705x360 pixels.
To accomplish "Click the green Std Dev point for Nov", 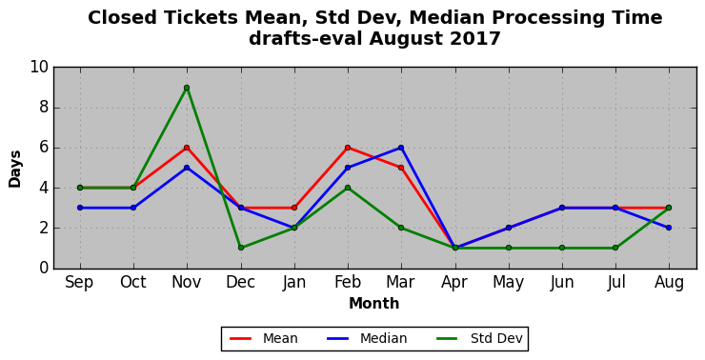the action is point(187,88).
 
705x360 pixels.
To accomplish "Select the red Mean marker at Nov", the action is point(187,148).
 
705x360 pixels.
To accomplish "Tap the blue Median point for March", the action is point(401,148).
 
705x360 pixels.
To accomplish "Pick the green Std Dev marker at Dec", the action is point(240,248).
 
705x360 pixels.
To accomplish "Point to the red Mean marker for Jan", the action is point(294,208).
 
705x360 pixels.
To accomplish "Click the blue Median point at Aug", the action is point(669,228).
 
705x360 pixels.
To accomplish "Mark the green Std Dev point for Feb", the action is point(348,188).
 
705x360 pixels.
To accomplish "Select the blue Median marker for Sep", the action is point(80,208).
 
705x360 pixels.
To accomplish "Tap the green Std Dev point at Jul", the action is point(615,248).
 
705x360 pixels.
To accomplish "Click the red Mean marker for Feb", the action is point(348,148).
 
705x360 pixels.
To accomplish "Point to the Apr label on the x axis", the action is point(454,283).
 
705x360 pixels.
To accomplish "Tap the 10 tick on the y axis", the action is point(39,68).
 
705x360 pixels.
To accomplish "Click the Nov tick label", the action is point(187,283).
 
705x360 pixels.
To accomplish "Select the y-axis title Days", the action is point(15,169).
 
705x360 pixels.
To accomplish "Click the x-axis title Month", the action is point(374,304).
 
